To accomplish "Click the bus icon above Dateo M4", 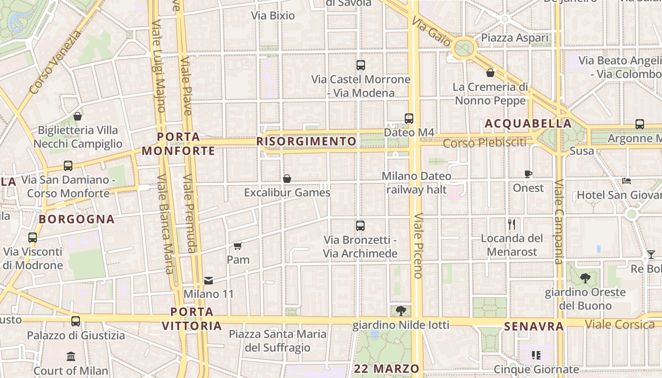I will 409,119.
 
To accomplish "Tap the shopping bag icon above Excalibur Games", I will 287,179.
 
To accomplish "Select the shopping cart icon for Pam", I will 238,246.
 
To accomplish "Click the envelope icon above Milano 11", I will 209,281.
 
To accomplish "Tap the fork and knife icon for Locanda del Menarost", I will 511,224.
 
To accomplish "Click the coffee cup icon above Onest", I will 528,174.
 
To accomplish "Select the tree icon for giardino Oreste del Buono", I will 585,278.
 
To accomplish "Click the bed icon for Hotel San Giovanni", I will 627,180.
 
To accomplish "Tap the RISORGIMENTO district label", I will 306,141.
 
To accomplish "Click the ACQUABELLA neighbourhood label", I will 528,124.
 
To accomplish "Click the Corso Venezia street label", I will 55,62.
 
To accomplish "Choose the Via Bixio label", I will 273,16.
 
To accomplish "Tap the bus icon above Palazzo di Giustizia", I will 76,321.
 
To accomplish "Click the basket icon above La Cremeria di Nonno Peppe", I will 490,73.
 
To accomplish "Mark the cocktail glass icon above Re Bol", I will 651,255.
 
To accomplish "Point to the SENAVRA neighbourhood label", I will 534,326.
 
